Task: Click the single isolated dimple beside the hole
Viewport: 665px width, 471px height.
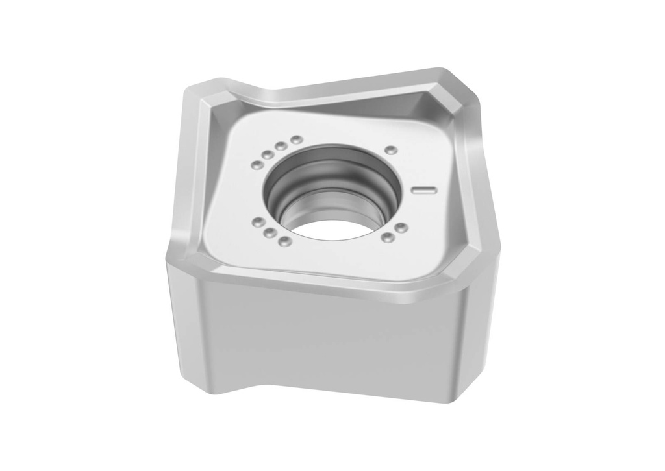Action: click(390, 150)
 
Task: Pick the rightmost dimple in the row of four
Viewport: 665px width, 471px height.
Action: click(296, 139)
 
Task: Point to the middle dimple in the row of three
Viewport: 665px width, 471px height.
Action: click(269, 233)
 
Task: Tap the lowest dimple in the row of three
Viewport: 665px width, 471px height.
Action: click(284, 241)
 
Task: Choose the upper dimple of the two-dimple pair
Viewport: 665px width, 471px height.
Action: click(401, 228)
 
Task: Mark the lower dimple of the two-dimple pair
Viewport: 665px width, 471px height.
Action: click(387, 237)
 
